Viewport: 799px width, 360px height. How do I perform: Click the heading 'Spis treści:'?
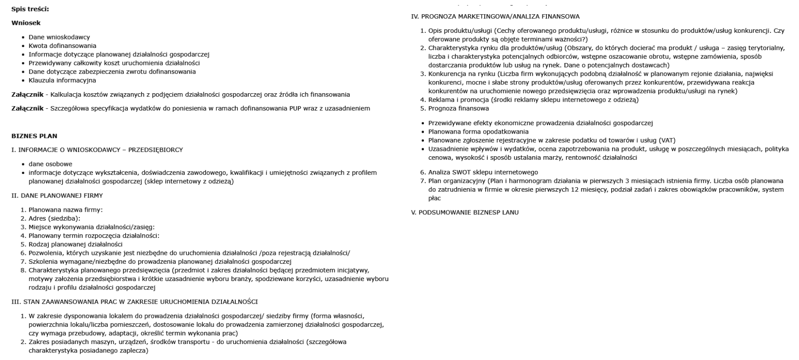click(x=30, y=9)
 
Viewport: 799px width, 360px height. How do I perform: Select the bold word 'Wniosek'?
click(x=26, y=23)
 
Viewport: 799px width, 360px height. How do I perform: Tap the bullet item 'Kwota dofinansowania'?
click(x=62, y=46)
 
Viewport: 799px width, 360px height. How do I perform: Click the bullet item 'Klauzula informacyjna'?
click(x=62, y=80)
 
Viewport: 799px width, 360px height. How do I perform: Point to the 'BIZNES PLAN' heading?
click(x=34, y=136)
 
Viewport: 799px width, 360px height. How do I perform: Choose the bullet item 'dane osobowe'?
click(x=50, y=164)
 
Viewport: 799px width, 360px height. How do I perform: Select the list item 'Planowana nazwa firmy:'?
click(x=65, y=210)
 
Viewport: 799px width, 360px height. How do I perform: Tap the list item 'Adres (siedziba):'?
click(x=54, y=218)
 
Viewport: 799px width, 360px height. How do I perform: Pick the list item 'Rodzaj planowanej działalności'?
click(x=75, y=244)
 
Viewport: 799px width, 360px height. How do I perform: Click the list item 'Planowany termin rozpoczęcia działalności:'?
click(x=94, y=236)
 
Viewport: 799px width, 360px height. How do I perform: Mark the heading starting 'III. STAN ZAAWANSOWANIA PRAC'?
click(x=134, y=302)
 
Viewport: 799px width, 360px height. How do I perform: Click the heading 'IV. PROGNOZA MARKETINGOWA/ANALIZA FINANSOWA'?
click(x=495, y=17)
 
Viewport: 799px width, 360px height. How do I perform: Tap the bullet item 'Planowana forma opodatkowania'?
click(x=478, y=132)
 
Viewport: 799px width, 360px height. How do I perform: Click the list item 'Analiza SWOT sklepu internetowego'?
click(x=483, y=172)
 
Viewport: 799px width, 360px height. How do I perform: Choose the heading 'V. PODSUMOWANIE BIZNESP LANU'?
click(x=465, y=213)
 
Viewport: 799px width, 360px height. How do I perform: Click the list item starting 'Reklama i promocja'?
click(x=533, y=100)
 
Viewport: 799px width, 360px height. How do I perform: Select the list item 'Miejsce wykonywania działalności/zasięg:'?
click(x=91, y=227)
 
